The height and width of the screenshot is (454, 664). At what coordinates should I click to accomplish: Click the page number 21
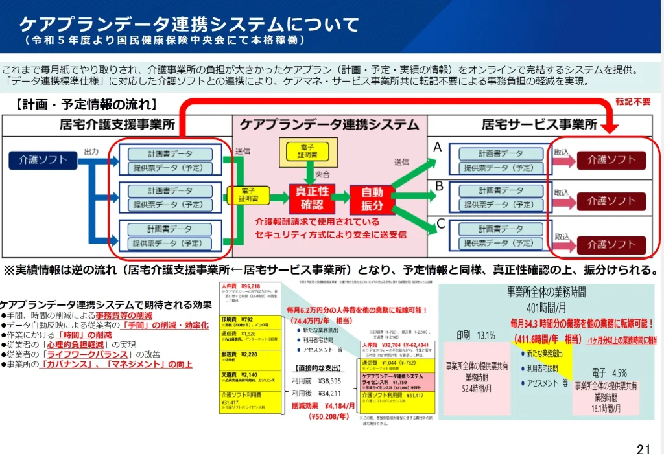[643, 448]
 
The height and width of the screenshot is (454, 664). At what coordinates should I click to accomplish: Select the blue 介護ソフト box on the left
[43, 159]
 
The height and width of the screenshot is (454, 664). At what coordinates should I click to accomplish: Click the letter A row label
[438, 148]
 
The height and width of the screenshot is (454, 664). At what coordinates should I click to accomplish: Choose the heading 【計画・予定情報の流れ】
[85, 104]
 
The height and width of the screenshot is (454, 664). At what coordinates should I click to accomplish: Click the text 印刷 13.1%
[475, 335]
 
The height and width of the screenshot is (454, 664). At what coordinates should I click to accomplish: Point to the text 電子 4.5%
[609, 372]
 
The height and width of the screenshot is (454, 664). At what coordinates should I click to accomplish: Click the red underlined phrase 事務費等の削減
[124, 315]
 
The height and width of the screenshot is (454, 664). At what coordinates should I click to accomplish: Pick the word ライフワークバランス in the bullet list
[90, 354]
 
